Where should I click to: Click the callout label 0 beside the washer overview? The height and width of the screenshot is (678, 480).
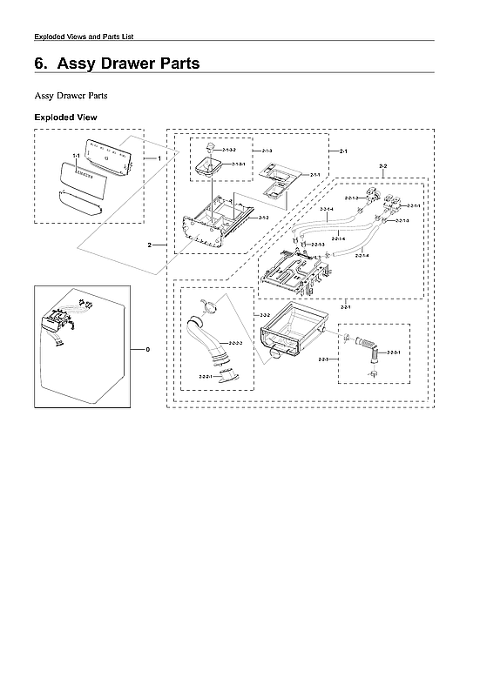(148, 349)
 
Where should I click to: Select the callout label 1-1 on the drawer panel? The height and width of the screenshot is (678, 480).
(77, 156)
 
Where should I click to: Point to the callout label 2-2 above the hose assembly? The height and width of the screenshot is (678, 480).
(383, 164)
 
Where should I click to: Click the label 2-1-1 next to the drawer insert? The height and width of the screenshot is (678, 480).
(314, 175)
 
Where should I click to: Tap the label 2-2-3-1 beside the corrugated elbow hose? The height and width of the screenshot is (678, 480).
(393, 352)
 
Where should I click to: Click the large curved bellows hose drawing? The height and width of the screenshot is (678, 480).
(212, 344)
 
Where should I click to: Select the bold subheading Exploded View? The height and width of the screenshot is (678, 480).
(65, 117)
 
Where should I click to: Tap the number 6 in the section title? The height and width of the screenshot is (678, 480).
(39, 64)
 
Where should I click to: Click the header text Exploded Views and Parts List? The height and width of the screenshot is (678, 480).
(83, 36)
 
